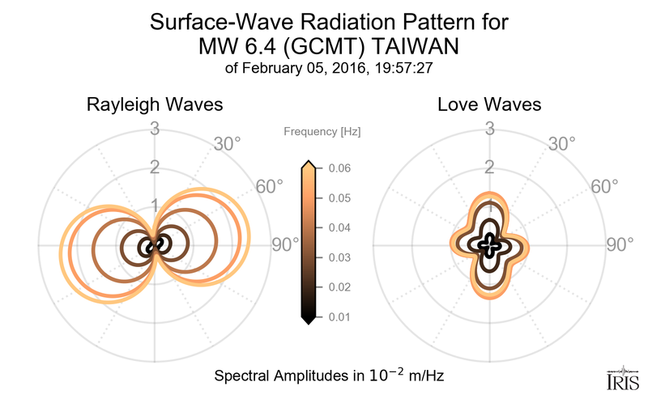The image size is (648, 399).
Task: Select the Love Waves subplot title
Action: tap(489, 105)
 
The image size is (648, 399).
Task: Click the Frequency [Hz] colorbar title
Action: tap(322, 130)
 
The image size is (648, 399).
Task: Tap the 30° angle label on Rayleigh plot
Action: tap(227, 144)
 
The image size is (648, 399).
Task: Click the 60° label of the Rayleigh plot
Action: tap(270, 186)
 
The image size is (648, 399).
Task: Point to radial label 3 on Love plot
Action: tap(490, 128)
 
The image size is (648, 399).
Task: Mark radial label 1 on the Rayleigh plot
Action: tap(154, 206)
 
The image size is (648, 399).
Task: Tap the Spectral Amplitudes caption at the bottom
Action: tap(328, 377)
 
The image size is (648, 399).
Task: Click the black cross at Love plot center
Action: tap(490, 245)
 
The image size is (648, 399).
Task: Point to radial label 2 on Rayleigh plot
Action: tap(154, 167)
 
